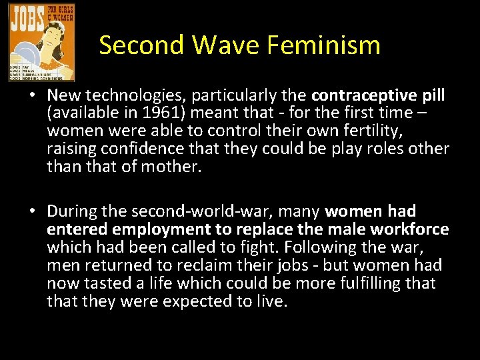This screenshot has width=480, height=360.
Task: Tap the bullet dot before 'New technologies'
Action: click(31, 96)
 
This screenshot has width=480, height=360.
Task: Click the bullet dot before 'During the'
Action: click(31, 212)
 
